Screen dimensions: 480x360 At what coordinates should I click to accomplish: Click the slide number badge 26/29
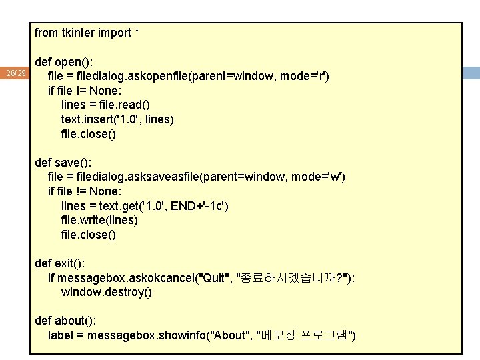pos(15,73)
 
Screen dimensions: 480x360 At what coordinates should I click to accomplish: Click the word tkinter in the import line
pos(78,33)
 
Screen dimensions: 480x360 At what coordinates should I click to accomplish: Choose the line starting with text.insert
pos(117,119)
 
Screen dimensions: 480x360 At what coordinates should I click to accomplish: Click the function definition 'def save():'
pos(63,163)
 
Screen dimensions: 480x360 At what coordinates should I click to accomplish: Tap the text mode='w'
pos(313,177)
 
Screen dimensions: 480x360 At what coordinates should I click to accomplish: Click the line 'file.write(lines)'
pos(99,220)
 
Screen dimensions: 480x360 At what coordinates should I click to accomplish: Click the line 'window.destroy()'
pos(107,292)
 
